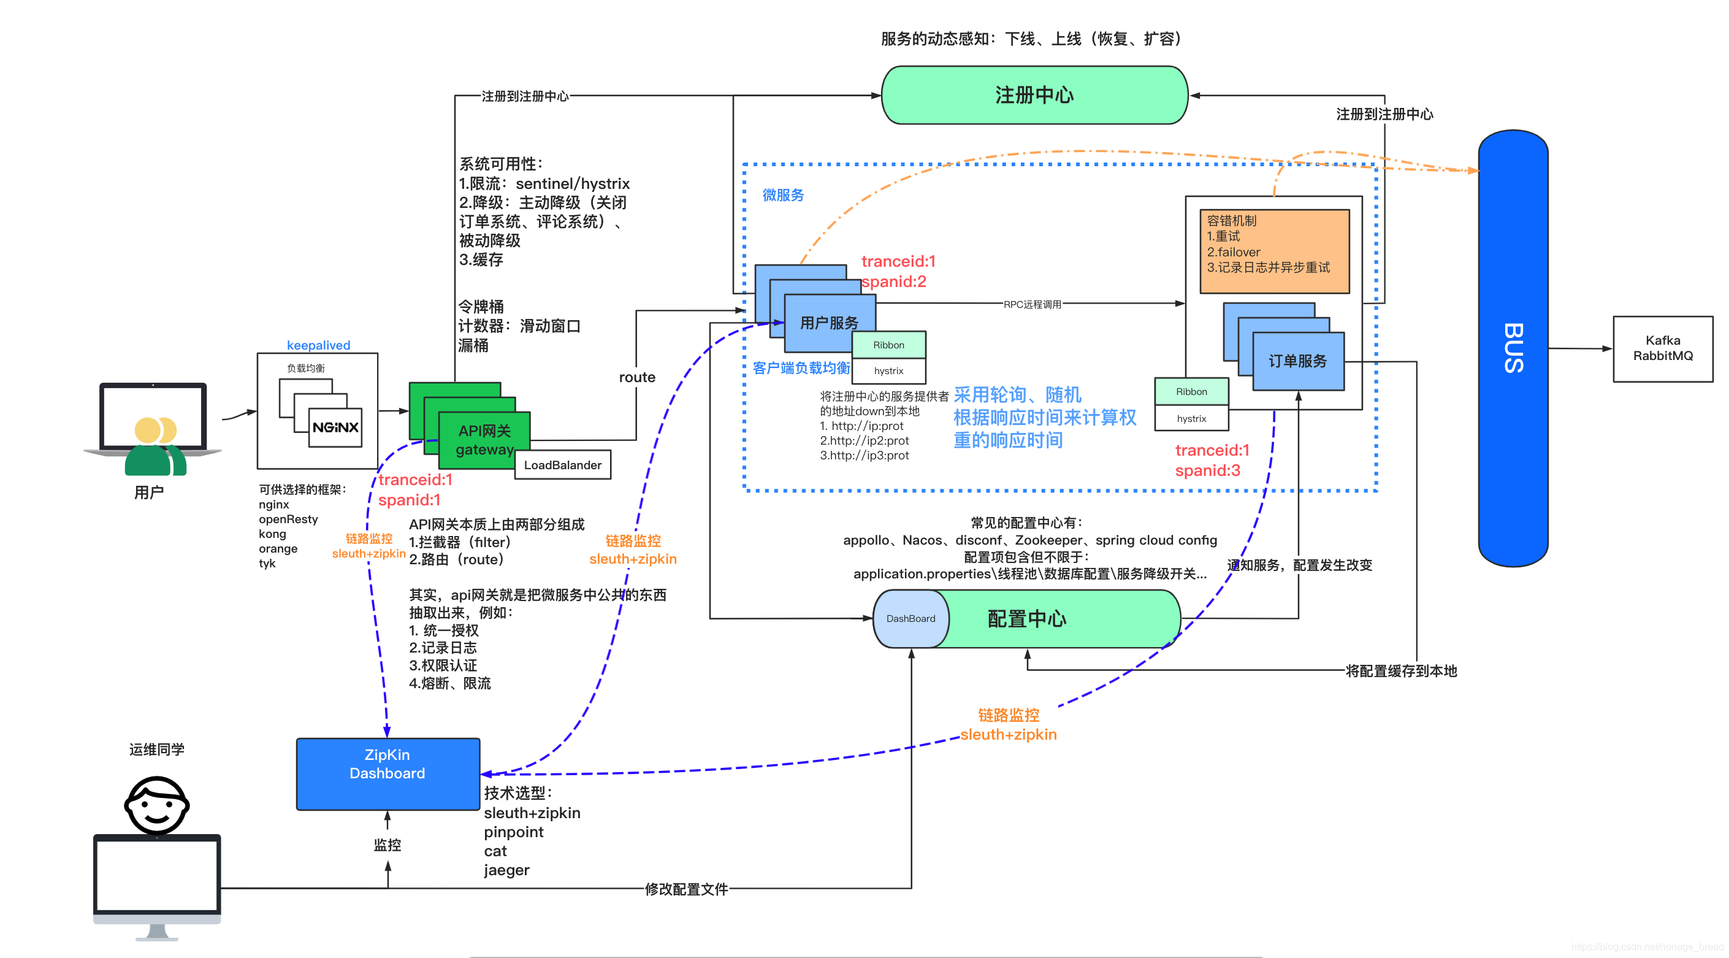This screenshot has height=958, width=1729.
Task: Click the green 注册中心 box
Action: (1034, 95)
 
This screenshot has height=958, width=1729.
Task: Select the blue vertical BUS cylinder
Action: (1513, 348)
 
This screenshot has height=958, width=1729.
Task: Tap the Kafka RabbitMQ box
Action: (1662, 348)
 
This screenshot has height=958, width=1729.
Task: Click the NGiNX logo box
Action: (335, 427)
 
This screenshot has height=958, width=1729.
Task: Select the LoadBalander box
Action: (562, 464)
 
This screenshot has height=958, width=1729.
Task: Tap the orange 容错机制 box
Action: (1274, 250)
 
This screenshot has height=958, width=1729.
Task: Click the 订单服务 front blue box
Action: (1297, 361)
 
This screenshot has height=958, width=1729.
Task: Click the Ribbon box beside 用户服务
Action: (888, 345)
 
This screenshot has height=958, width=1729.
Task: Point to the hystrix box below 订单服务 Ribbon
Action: (1191, 418)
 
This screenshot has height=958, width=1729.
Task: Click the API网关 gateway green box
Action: (483, 440)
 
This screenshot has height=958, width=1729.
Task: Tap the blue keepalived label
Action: (318, 345)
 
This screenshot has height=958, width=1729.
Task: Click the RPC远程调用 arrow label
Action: (1032, 304)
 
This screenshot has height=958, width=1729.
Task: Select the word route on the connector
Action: (636, 377)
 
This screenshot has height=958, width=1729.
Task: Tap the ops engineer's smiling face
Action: (156, 805)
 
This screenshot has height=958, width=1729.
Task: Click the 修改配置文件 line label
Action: (686, 889)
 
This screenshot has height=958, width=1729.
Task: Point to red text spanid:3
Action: (1207, 470)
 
